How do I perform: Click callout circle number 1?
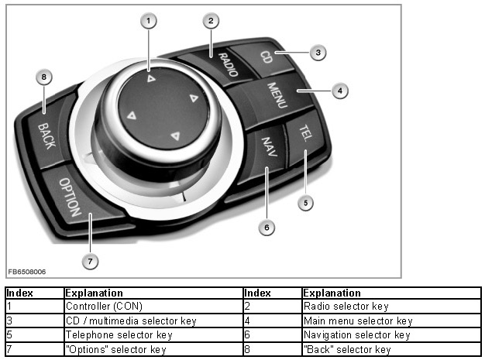148,21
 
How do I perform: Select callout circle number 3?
316,53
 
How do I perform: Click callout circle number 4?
339,91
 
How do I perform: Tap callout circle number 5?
306,202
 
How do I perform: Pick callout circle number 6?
267,228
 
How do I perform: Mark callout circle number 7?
90,261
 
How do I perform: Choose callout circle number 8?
44,77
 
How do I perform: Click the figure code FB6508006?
27,272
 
